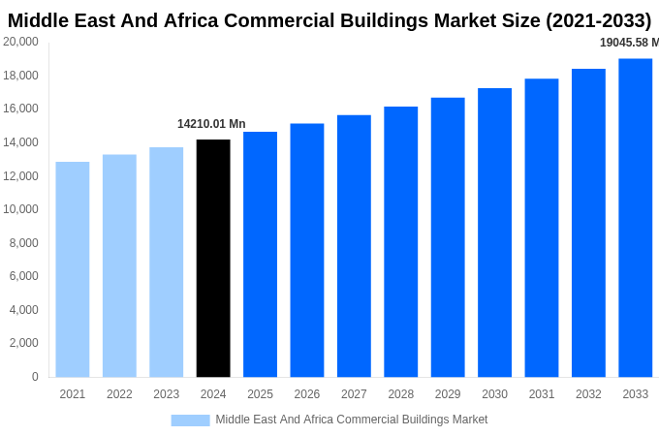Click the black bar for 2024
pos(213,258)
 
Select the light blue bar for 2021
pos(73,269)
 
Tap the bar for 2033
pos(636,217)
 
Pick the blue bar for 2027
pos(354,246)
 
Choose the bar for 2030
pos(494,233)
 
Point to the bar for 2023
pos(167,262)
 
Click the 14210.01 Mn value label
pos(211,124)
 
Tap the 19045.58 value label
pos(629,43)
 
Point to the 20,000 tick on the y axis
pos(21,42)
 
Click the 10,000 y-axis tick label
pos(21,209)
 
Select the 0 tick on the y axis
pos(35,377)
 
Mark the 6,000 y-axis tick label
pos(24,276)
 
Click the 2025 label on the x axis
pos(260,394)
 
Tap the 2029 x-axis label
pos(448,394)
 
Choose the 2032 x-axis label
pos(588,394)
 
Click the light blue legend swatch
pos(190,420)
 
